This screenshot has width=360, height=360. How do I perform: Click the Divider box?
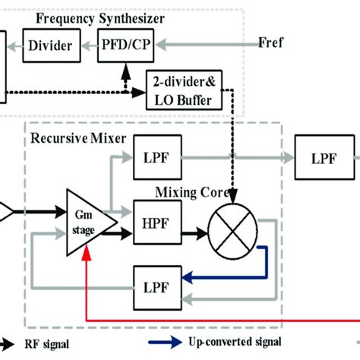tap(50, 46)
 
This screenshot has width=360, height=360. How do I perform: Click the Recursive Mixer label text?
tap(70, 140)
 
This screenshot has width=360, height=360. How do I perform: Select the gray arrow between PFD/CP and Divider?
tap(89, 46)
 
